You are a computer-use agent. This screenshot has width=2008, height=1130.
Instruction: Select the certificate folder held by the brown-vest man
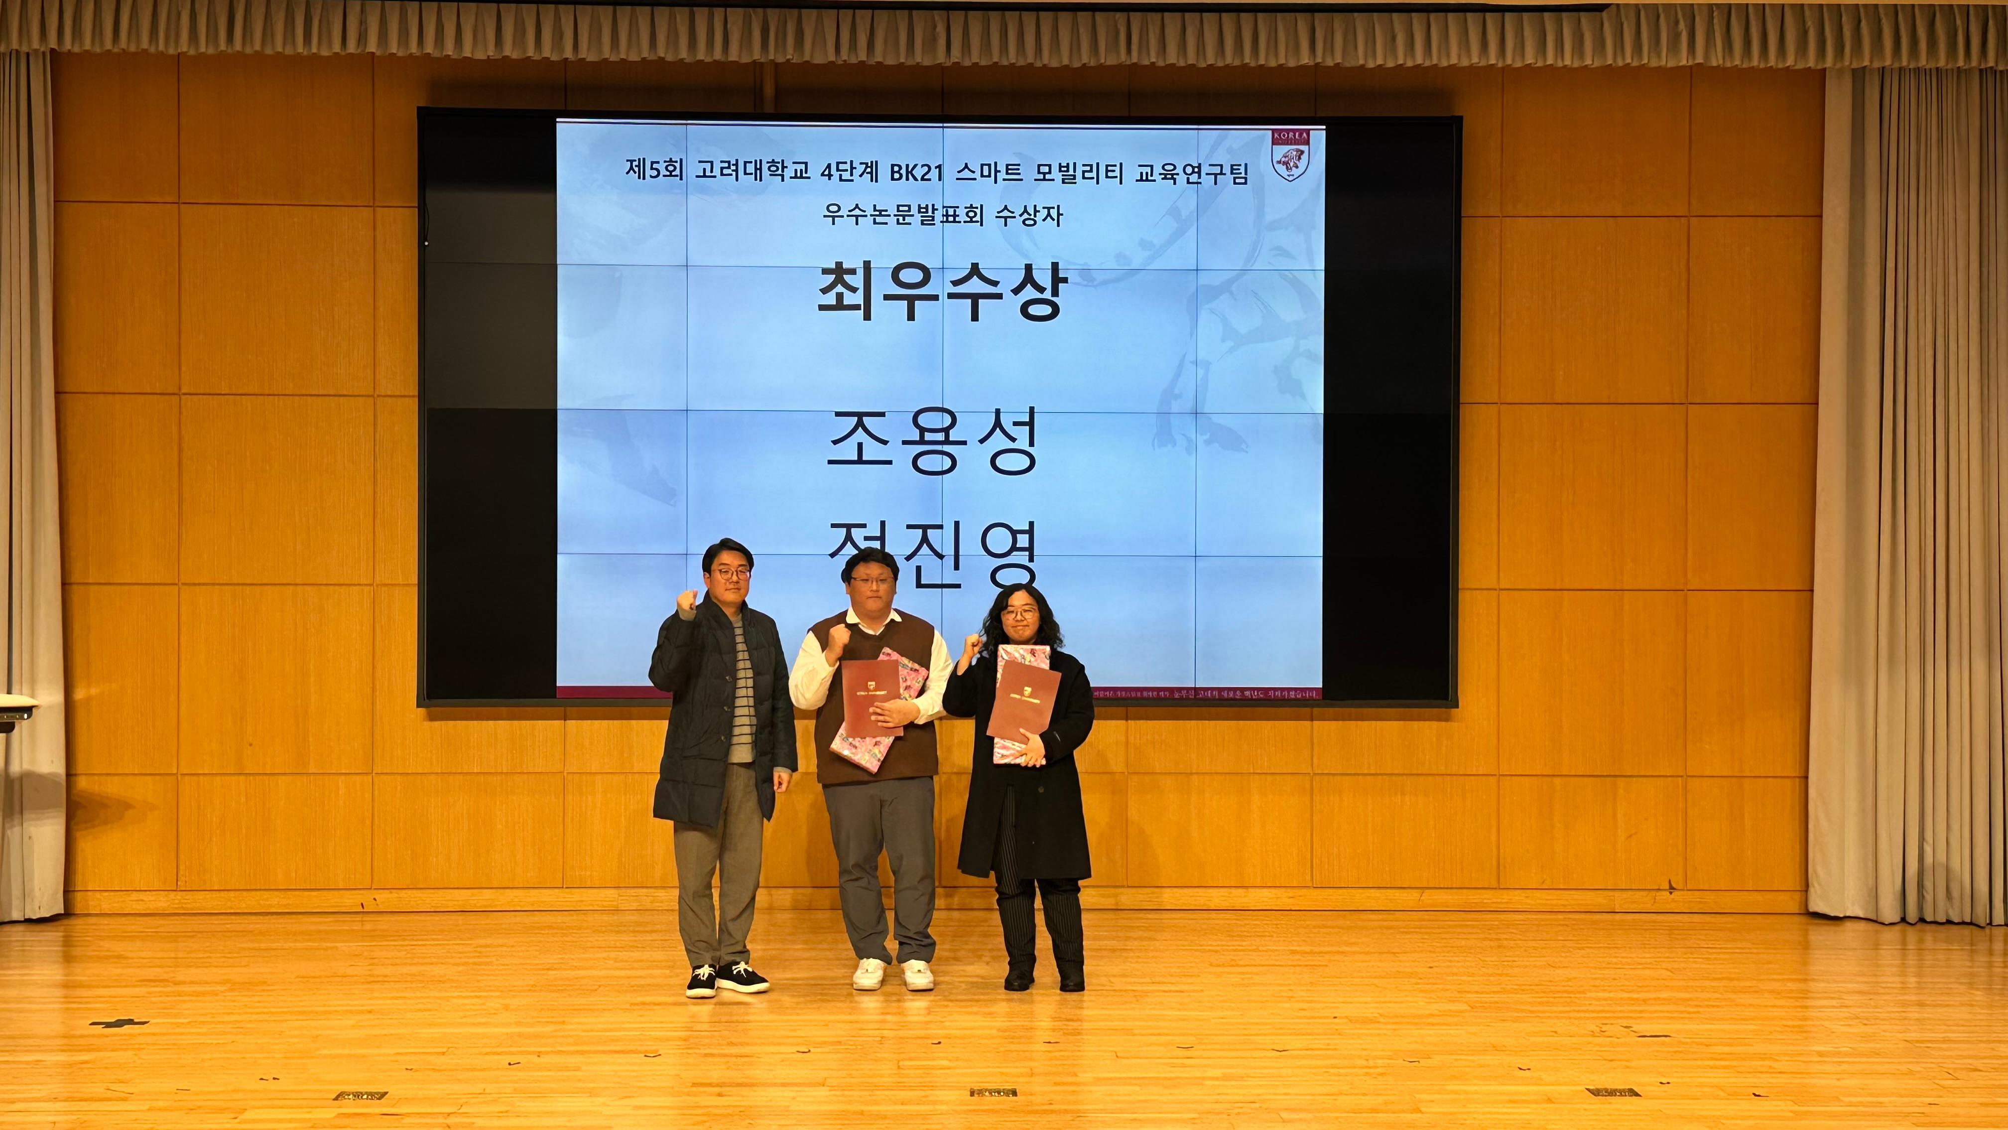point(872,698)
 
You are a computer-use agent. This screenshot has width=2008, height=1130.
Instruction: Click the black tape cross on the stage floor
point(119,1022)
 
